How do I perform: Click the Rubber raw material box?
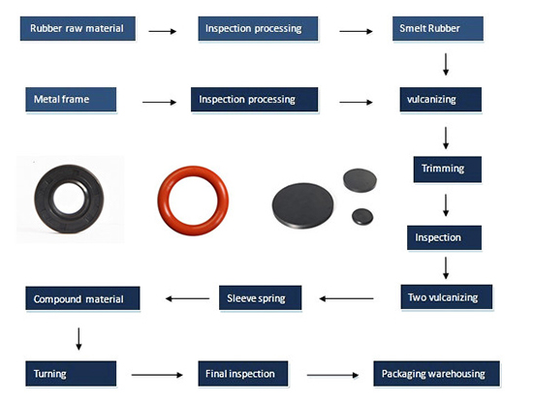[x=78, y=28]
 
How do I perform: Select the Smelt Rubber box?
[x=438, y=28]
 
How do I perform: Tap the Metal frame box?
[x=71, y=99]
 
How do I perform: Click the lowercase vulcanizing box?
[x=441, y=99]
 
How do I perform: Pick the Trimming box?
[x=448, y=170]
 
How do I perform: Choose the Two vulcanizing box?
[x=447, y=297]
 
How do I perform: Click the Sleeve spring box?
[x=260, y=297]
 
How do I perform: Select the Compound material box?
[x=82, y=298]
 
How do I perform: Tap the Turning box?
[x=71, y=374]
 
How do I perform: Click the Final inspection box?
[x=243, y=374]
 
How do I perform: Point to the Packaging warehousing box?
[x=436, y=374]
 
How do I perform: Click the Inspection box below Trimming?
[x=444, y=237]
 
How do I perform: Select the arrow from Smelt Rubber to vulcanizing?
[x=446, y=64]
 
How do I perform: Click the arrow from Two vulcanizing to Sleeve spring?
[x=346, y=298]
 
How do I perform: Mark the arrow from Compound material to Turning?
[x=78, y=339]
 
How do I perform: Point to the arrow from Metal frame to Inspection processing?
[x=160, y=102]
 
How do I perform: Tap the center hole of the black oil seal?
[x=69, y=200]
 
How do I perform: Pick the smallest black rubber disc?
[x=362, y=216]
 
